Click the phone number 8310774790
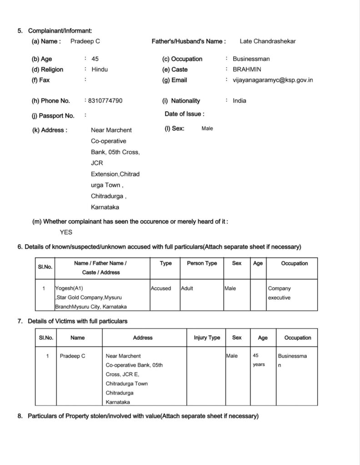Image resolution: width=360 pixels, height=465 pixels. [x=104, y=100]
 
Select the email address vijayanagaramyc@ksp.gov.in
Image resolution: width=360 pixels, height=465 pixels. [x=273, y=80]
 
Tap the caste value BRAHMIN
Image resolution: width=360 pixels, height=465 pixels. [x=247, y=69]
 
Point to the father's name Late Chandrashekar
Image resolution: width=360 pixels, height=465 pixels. [x=268, y=41]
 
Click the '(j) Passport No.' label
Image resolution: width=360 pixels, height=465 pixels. [x=53, y=115]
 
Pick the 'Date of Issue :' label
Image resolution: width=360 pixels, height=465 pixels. [x=185, y=114]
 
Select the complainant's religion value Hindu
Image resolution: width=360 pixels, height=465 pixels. [x=100, y=69]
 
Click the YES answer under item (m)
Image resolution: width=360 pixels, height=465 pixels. [x=66, y=232]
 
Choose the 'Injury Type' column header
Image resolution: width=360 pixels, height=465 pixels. [x=207, y=338]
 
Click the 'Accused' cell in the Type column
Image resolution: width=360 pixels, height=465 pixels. [x=161, y=288]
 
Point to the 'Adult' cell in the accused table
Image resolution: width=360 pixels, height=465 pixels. [x=187, y=288]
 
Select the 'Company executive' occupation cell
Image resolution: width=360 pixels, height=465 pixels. [x=280, y=293]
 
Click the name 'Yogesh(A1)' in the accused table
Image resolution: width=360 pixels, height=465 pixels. [x=69, y=288]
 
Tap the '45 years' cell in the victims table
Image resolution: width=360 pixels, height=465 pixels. [x=259, y=360]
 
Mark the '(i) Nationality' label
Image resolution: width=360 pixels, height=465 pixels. [x=181, y=101]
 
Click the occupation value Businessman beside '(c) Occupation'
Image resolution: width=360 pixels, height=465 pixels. [x=251, y=59]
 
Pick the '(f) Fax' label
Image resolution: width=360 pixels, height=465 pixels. [x=41, y=80]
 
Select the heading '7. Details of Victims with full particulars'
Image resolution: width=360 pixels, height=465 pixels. [x=77, y=321]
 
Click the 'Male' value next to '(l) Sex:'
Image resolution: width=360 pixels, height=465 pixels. [x=207, y=129]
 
